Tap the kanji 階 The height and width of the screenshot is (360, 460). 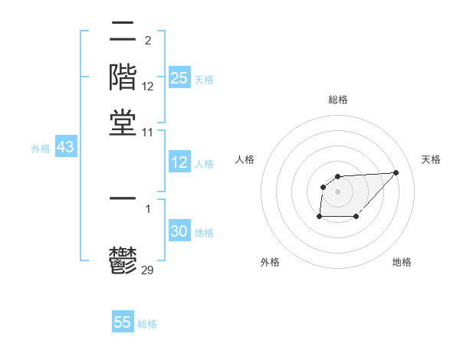(x=123, y=77)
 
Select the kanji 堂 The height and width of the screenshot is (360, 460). (x=123, y=123)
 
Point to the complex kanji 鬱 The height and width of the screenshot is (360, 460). (x=123, y=261)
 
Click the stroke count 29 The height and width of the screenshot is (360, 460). (x=148, y=269)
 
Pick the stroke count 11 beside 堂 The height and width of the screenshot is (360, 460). (x=148, y=132)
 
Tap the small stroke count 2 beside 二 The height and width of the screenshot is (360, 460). (x=147, y=40)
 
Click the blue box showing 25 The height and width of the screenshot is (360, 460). (x=179, y=77)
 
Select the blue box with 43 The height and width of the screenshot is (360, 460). (x=65, y=147)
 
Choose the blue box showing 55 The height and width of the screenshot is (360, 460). (x=123, y=322)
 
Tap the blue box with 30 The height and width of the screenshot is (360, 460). (x=179, y=231)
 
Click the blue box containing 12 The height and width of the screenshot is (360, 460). (x=179, y=162)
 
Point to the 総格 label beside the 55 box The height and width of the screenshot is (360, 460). (x=147, y=324)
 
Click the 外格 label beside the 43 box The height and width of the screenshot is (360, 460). (x=41, y=149)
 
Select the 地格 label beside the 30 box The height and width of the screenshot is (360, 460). (x=204, y=233)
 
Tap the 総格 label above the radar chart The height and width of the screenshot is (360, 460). (x=337, y=100)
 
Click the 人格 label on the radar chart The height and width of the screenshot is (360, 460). (x=245, y=159)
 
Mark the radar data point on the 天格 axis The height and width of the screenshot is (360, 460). (x=396, y=172)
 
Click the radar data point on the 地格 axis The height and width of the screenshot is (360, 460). (x=356, y=217)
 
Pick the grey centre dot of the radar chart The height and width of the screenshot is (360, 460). (x=337, y=190)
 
